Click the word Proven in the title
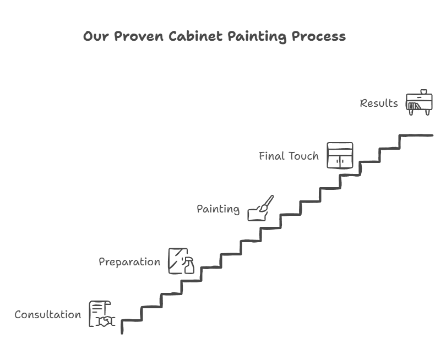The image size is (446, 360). (139, 36)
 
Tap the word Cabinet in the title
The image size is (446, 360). (195, 36)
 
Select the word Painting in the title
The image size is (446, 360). (257, 37)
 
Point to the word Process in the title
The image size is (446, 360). (319, 36)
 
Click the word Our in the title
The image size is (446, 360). (96, 36)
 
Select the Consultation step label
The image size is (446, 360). (48, 314)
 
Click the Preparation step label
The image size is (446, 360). (129, 262)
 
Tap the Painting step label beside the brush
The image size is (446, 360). (218, 209)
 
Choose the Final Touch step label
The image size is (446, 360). (289, 156)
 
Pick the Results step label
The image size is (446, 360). (379, 103)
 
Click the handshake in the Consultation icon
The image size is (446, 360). (105, 321)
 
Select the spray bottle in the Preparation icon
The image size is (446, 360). (188, 265)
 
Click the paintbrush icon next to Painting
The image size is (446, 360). (266, 204)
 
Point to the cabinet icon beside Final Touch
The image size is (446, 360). (340, 156)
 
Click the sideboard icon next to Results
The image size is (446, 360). (419, 102)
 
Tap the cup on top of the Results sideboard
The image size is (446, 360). (423, 91)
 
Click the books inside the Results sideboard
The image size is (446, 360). (414, 106)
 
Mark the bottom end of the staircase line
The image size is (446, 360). (122, 333)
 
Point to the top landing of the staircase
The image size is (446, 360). (416, 135)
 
